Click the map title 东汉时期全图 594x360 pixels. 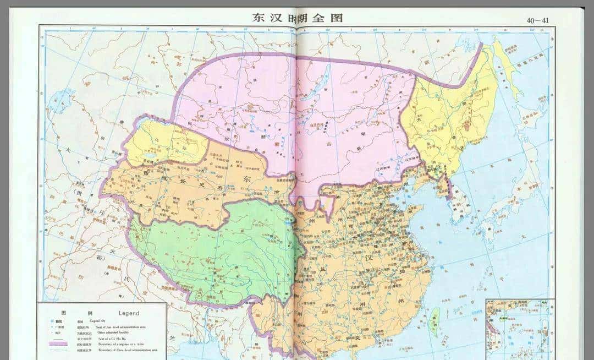coord(297,18)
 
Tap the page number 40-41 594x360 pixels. coord(537,21)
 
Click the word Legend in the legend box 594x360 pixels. coord(129,313)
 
